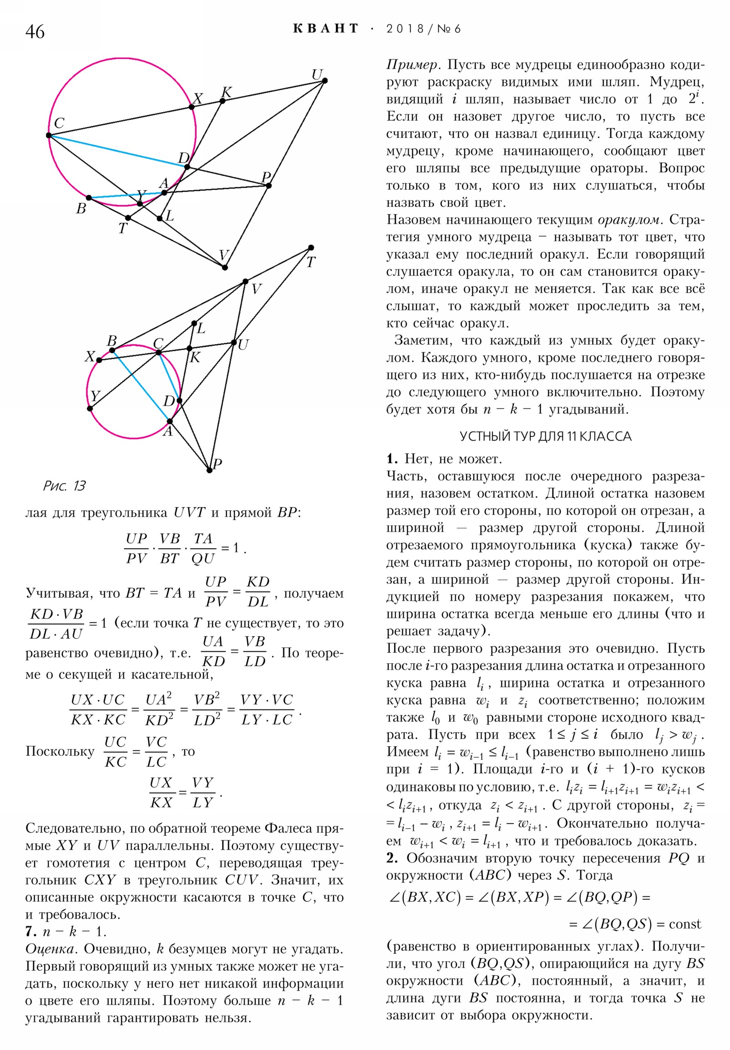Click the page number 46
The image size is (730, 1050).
[35, 32]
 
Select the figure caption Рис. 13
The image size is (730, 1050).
[64, 486]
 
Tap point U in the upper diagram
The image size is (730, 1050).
[325, 81]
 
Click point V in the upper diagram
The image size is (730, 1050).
[224, 268]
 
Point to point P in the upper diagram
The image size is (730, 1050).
[269, 185]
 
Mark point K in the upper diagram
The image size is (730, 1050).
[223, 100]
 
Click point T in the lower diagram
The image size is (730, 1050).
[311, 247]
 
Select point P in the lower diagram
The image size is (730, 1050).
[209, 470]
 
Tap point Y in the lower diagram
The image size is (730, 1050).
[90, 409]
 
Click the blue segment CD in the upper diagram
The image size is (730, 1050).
[118, 152]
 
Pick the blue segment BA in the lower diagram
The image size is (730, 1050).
[141, 385]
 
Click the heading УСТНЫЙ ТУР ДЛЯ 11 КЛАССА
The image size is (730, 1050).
[545, 437]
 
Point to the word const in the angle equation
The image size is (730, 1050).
[684, 924]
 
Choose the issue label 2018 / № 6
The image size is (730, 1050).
[423, 29]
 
